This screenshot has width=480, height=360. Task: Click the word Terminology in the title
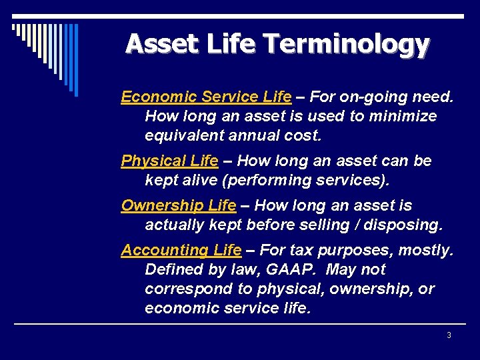tap(346, 44)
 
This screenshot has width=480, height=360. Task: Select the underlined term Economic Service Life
tap(206, 97)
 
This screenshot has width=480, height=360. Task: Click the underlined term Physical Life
tap(169, 161)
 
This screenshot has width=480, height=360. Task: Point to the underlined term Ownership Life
tap(178, 205)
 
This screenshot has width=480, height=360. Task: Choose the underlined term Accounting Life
tap(181, 250)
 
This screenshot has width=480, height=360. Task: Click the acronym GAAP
tap(303, 269)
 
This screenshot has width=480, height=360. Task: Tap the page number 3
tap(449, 335)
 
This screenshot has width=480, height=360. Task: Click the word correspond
tap(183, 289)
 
